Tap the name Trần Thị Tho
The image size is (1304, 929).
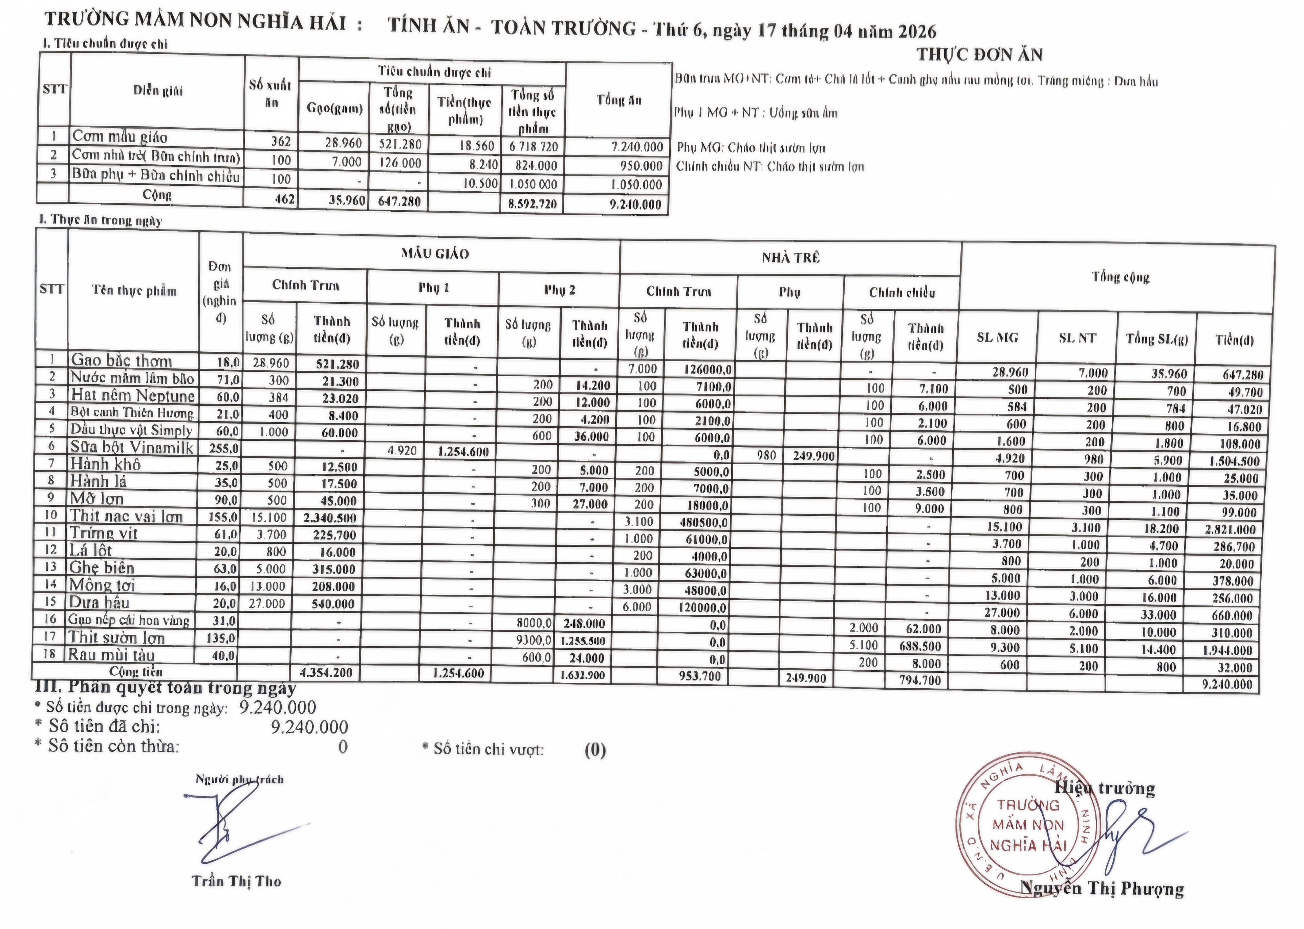click(x=236, y=881)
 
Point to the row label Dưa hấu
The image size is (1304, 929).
click(x=99, y=602)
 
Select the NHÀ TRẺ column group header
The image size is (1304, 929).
click(x=790, y=258)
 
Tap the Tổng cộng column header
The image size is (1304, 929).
click(x=1120, y=277)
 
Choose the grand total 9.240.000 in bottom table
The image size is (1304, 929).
click(x=1227, y=684)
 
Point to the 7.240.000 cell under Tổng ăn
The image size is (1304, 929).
click(x=636, y=147)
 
